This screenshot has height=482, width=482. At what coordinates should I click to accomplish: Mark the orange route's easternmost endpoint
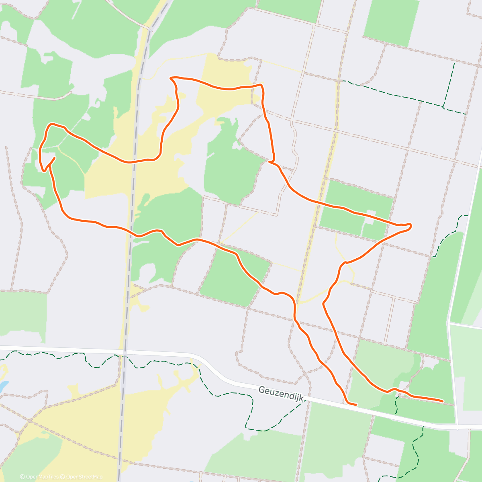pyautogui.click(x=442, y=401)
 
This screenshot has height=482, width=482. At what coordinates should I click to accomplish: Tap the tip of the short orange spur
pyautogui.click(x=55, y=158)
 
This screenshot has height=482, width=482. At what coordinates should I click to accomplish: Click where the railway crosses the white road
pyautogui.click(x=125, y=352)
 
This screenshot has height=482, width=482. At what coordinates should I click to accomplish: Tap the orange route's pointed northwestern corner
pyautogui.click(x=171, y=77)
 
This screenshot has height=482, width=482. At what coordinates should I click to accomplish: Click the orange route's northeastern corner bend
pyautogui.click(x=261, y=86)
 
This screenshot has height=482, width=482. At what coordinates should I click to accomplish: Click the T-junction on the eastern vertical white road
pyautogui.click(x=448, y=323)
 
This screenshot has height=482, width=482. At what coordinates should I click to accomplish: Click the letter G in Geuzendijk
pyautogui.click(x=262, y=390)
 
